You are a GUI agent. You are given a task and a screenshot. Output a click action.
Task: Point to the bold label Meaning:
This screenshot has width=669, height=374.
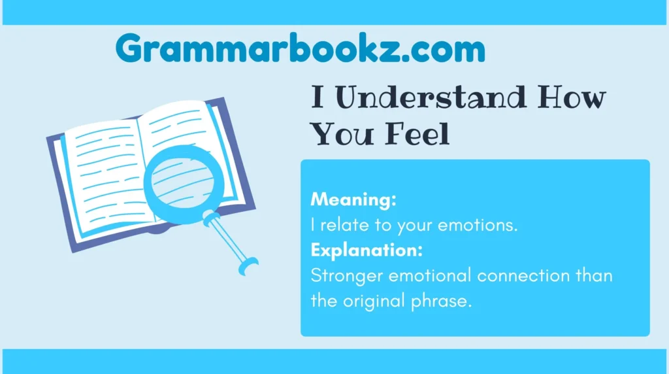(x=353, y=199)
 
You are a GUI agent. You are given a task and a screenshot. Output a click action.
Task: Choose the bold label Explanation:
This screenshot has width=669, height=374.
(x=367, y=250)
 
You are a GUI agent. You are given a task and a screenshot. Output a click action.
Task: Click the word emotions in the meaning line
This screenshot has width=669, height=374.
(x=481, y=225)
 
